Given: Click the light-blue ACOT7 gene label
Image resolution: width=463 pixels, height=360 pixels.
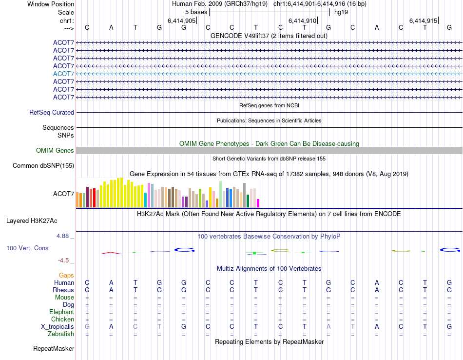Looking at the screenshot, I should [63, 74].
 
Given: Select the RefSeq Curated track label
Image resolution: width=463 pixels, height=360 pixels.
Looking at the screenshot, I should [52, 112].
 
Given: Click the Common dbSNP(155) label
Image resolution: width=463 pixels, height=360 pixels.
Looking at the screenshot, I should [43, 166].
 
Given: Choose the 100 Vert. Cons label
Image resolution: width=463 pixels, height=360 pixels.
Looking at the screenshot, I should [27, 248].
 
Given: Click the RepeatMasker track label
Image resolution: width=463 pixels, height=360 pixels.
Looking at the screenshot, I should [54, 349].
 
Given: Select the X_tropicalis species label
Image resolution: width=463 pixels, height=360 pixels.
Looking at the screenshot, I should [58, 326].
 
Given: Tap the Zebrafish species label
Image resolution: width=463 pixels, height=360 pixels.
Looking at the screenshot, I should [61, 334].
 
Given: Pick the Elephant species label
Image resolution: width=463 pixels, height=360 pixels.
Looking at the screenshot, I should [61, 312].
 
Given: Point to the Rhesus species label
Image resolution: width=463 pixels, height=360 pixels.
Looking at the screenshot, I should [63, 290].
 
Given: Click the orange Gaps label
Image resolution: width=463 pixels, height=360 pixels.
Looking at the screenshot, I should [66, 276].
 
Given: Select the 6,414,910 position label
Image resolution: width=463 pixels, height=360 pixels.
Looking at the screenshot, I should [303, 21].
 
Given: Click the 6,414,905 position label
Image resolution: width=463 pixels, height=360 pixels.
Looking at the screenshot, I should [181, 21].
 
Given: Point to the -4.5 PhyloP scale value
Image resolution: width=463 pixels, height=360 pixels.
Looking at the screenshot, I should [64, 260].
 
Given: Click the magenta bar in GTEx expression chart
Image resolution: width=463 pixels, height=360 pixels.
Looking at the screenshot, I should [258, 203].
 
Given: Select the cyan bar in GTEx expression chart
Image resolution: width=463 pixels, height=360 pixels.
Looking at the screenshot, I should [145, 200].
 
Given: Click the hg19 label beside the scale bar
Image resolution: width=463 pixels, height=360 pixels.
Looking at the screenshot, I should [341, 12].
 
